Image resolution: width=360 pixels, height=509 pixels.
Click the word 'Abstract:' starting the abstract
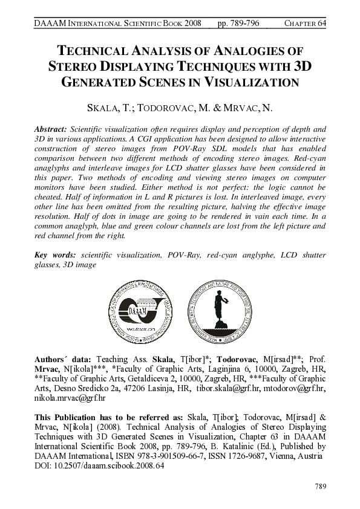(51, 129)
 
